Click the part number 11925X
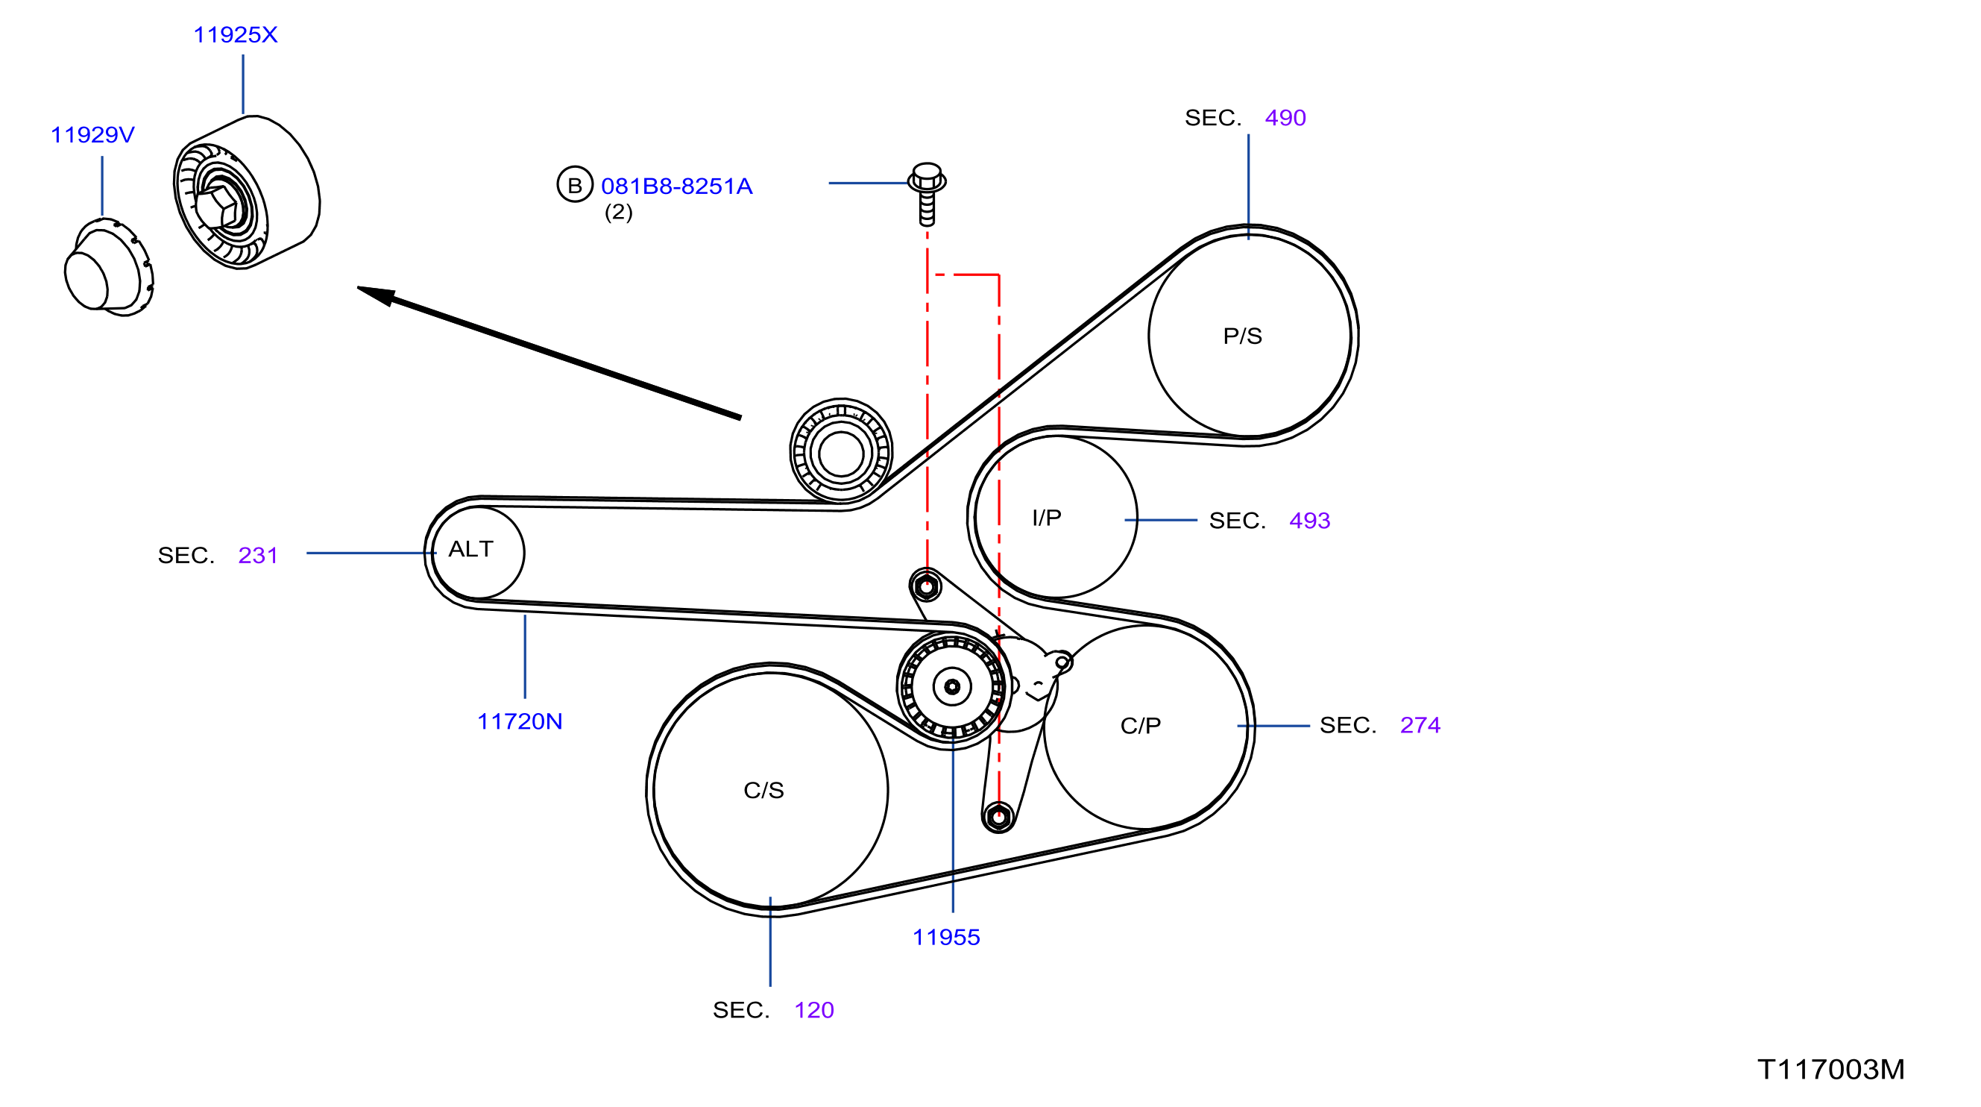[x=236, y=34]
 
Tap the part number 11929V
[x=92, y=134]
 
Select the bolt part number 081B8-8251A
[x=677, y=186]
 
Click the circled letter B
[x=574, y=185]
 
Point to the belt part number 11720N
[x=520, y=721]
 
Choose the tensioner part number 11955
[x=946, y=937]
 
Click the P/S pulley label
[x=1243, y=336]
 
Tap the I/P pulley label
[x=1047, y=518]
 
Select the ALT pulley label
[x=470, y=548]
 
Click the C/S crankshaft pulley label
[x=763, y=790]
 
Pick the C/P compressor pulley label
[x=1141, y=725]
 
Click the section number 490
[x=1286, y=118]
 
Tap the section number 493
[x=1310, y=521]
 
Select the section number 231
[x=258, y=556]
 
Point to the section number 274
[x=1420, y=725]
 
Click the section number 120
[x=813, y=1010]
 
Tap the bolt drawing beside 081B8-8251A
[x=927, y=194]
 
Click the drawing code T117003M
[x=1831, y=1069]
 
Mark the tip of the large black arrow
[x=357, y=288]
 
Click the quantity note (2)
[x=618, y=213]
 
